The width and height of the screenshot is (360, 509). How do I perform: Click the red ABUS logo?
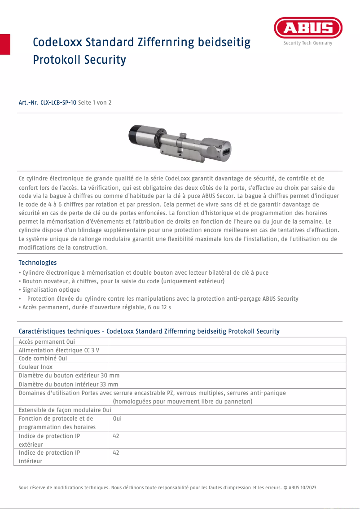click(308, 28)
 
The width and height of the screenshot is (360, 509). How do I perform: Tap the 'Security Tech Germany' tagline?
click(308, 43)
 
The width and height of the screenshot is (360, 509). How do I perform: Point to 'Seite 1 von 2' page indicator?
click(95, 103)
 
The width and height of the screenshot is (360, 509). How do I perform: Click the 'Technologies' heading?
click(38, 263)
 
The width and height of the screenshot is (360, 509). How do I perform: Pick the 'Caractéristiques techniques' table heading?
click(149, 331)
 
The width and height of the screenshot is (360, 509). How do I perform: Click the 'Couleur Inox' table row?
click(35, 367)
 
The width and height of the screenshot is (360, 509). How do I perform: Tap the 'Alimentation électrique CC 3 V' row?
click(59, 350)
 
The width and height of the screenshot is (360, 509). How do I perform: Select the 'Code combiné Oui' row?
click(43, 359)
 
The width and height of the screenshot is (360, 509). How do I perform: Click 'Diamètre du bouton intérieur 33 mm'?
click(68, 384)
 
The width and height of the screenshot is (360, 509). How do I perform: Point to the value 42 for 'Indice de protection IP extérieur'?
click(116, 436)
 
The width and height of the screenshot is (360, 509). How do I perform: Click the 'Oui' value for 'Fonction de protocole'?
click(117, 419)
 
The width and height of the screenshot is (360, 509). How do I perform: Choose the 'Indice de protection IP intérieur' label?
click(49, 457)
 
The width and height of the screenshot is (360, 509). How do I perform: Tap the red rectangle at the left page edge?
click(5, 44)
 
